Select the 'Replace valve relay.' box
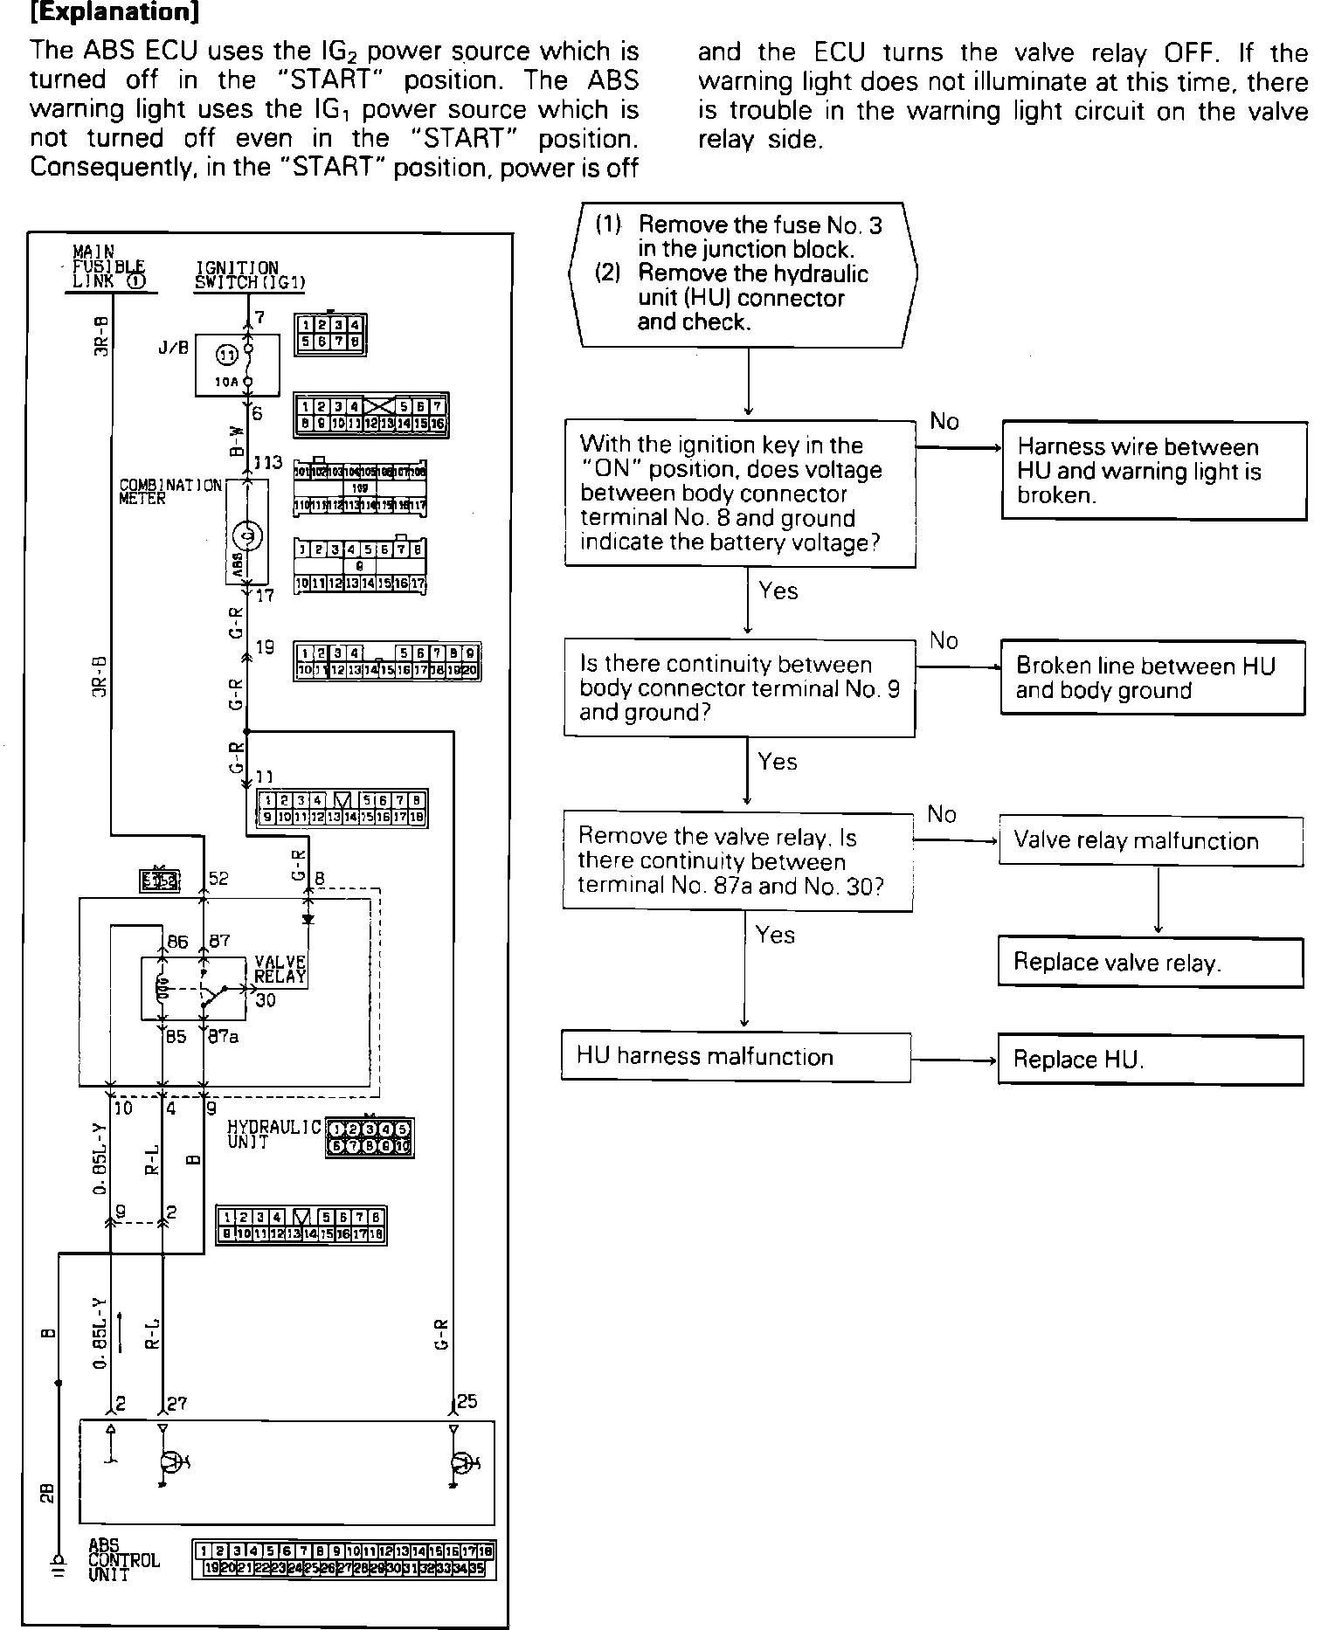1150,963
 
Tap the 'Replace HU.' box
1150,1060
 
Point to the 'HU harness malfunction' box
736,1057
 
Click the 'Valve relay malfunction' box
1150,840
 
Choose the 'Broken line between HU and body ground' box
1152,678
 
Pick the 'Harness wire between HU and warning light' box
1153,471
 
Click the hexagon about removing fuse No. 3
744,274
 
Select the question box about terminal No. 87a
737,861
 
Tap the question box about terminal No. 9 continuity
739,688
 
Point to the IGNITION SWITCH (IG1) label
250,274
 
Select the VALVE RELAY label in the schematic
280,970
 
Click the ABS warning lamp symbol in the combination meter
246,535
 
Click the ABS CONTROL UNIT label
124,1560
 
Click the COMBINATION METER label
170,491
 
